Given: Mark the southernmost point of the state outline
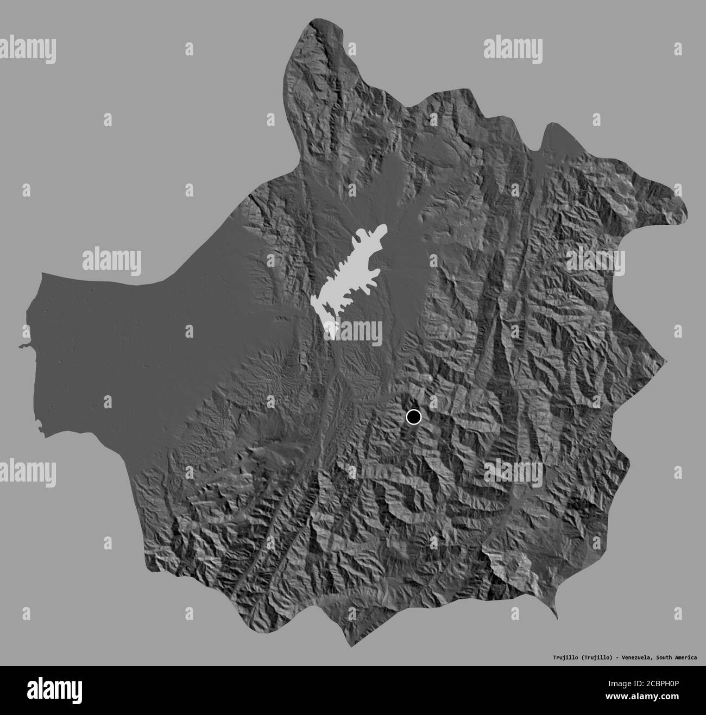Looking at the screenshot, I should [x=354, y=646].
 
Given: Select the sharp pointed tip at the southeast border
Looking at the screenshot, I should [x=556, y=618].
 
